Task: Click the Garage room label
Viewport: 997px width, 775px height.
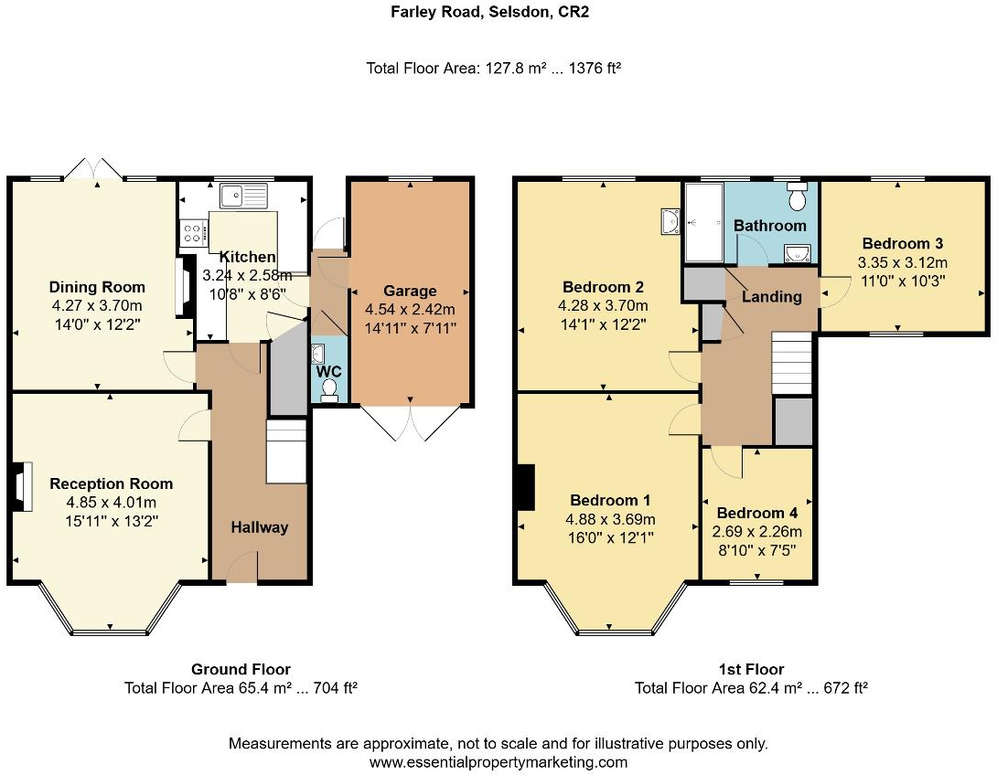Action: point(410,291)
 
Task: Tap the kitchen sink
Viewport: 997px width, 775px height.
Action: point(245,196)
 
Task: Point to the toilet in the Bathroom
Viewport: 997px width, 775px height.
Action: point(797,196)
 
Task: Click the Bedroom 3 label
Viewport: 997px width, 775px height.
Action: point(902,243)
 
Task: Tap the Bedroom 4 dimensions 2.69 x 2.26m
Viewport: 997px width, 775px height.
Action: point(756,532)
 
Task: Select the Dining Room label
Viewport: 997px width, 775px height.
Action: point(97,287)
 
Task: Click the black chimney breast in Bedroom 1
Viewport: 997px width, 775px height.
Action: point(527,487)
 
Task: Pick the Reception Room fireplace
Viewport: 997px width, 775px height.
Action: point(21,486)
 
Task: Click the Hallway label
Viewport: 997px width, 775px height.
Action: point(260,527)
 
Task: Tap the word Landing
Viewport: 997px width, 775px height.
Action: point(772,297)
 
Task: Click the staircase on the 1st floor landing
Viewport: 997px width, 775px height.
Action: point(792,364)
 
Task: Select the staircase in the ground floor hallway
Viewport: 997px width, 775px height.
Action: point(286,451)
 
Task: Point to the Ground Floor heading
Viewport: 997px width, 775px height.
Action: point(241,669)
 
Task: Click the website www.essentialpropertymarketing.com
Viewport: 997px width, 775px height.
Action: point(498,761)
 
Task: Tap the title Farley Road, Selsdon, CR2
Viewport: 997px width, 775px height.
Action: point(489,12)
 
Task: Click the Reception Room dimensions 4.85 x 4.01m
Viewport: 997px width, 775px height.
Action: point(112,503)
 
